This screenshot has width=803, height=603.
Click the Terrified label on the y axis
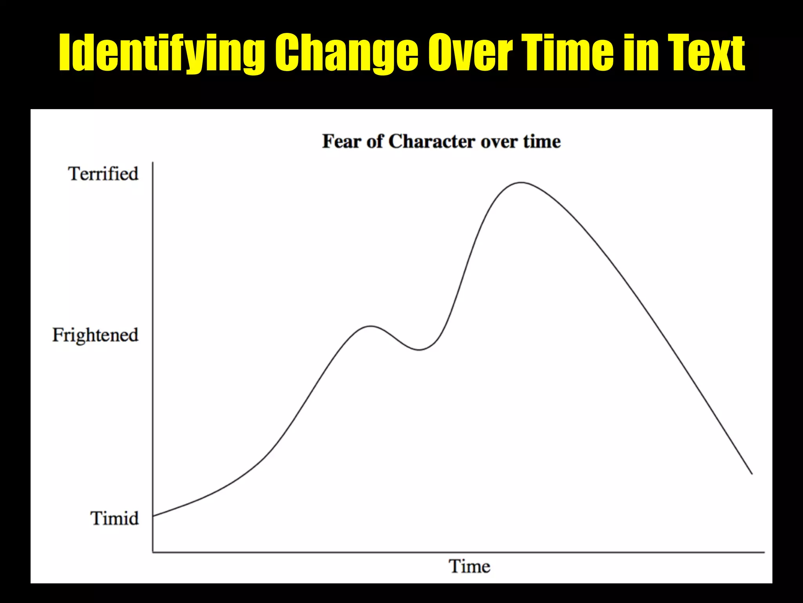[104, 174]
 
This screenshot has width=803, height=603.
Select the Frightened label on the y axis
[95, 335]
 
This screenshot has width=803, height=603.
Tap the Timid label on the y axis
[114, 518]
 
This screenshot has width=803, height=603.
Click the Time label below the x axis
[469, 566]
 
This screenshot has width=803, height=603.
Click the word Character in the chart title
[431, 141]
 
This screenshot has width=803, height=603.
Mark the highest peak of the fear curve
[521, 183]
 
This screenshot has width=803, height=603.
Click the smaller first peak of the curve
[370, 326]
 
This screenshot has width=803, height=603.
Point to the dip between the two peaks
[419, 349]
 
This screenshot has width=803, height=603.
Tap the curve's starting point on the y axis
[153, 516]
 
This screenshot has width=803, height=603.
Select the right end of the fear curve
[752, 474]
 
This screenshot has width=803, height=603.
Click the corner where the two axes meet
[153, 552]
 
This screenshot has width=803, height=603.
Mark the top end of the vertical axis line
[153, 162]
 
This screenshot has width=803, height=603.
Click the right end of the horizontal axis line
[764, 552]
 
